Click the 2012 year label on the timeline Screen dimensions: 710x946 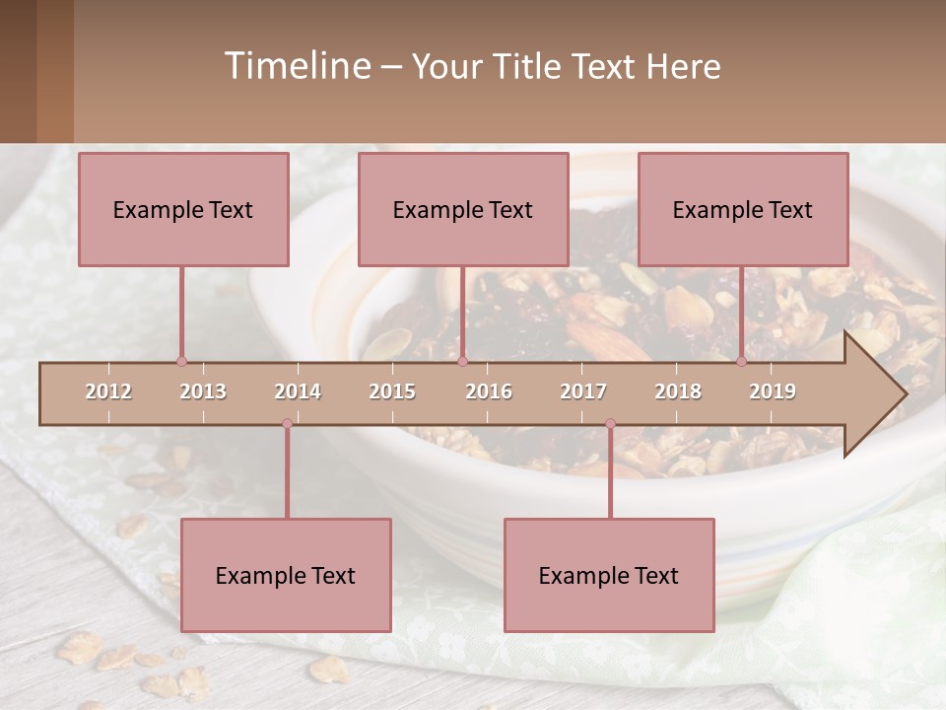point(108,392)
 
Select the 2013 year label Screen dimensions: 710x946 point(203,392)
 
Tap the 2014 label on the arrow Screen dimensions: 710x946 point(298,392)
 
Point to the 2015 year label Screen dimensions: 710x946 point(392,392)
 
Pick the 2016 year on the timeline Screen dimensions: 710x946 point(489,392)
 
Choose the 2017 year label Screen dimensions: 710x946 point(583,392)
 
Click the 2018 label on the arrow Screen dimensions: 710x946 point(678,392)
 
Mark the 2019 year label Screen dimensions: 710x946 point(773,392)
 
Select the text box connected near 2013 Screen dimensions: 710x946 point(183,210)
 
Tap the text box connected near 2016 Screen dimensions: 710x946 point(463,210)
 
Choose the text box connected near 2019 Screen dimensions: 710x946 point(743,210)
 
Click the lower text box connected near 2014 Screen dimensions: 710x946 point(286,575)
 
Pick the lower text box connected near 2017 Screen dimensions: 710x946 point(609,575)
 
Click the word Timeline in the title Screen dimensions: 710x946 point(296,66)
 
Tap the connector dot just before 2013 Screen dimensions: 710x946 point(181,362)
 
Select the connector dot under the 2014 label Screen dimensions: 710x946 point(287,424)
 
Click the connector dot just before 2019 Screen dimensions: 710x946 point(742,362)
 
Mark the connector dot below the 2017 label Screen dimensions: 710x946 point(610,424)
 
